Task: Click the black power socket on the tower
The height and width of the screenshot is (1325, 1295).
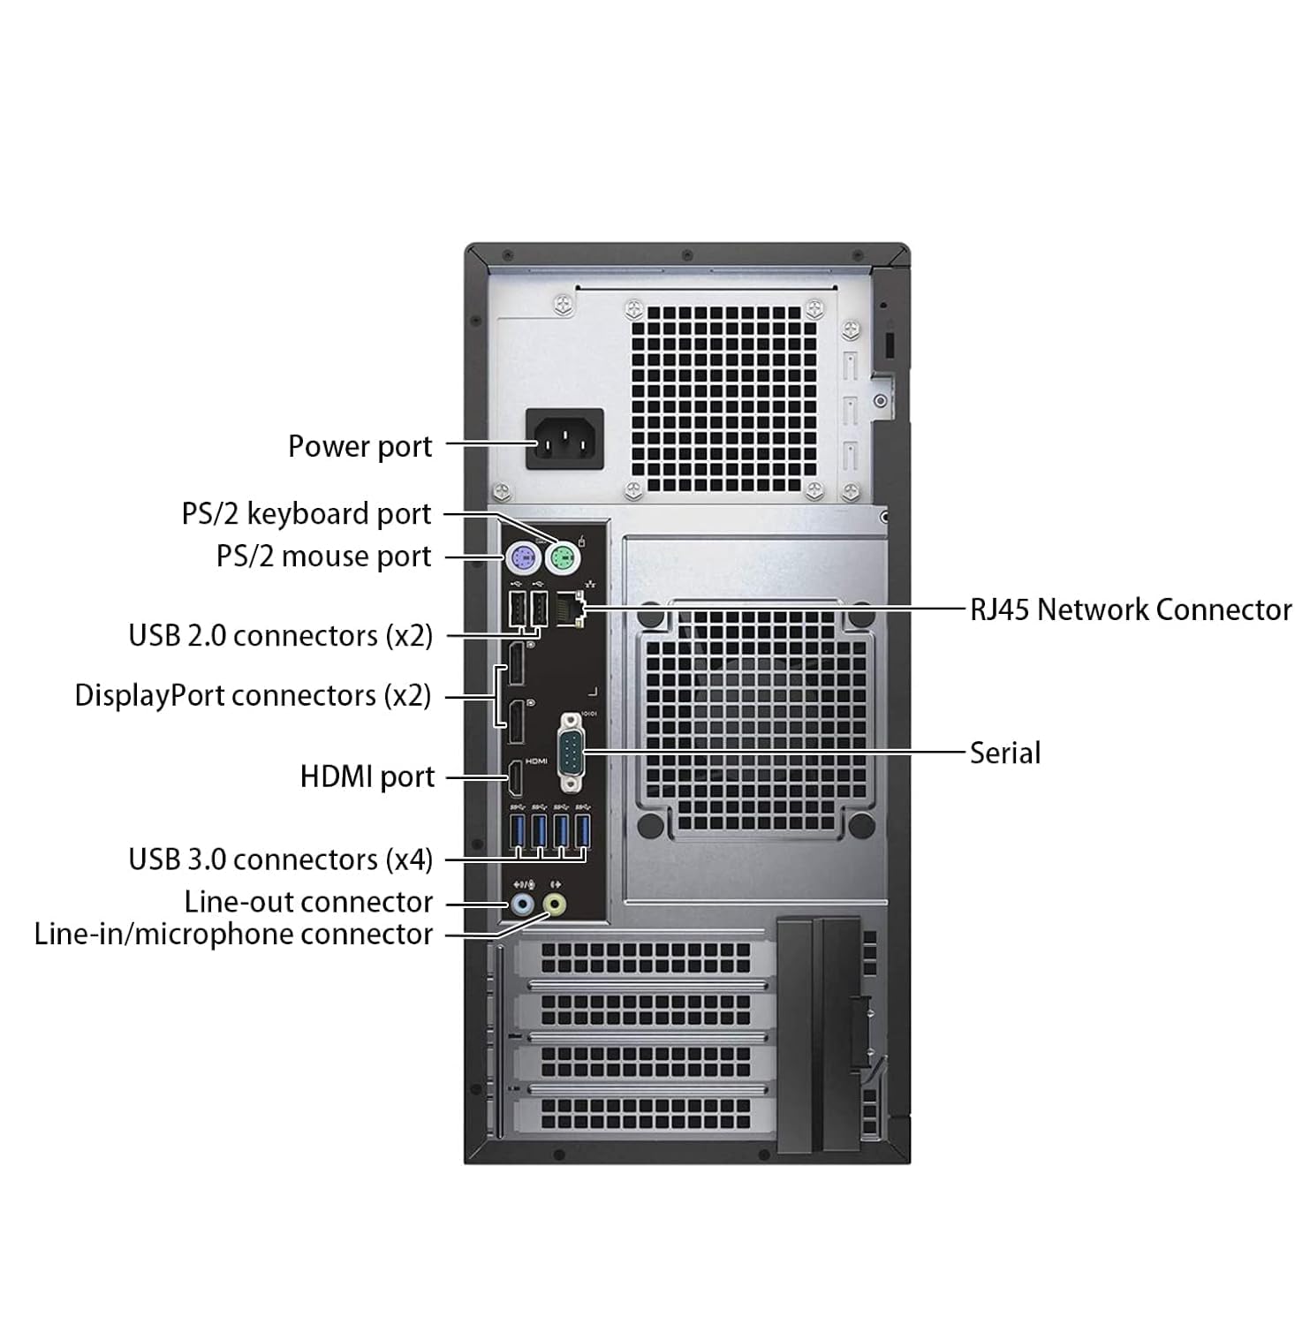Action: tap(565, 439)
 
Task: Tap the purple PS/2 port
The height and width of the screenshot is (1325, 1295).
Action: tap(523, 556)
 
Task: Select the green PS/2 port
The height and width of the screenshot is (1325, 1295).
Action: tap(561, 556)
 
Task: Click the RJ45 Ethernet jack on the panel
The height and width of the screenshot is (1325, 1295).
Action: tap(572, 609)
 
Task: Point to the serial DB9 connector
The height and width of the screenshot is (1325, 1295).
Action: tap(572, 753)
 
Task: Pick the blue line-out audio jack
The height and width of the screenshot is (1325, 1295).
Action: tap(522, 905)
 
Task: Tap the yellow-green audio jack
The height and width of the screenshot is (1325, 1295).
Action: tap(555, 905)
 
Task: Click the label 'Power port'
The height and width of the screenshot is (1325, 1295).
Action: tap(360, 446)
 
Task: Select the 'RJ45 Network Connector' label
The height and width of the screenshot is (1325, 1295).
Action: tap(1131, 609)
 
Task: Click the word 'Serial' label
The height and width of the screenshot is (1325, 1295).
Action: tap(1005, 753)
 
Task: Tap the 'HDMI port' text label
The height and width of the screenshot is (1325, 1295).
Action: tap(367, 777)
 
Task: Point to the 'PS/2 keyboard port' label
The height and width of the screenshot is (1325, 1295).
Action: tap(307, 514)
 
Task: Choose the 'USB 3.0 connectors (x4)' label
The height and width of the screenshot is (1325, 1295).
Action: tap(281, 859)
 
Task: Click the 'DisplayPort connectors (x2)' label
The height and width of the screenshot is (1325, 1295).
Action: tap(253, 695)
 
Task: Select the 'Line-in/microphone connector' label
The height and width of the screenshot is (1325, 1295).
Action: tap(233, 935)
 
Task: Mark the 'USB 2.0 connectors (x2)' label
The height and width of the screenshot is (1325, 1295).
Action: tap(281, 635)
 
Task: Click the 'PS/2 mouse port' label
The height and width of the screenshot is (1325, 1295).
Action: tap(324, 556)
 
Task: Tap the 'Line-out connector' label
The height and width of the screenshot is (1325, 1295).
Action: tap(309, 902)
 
